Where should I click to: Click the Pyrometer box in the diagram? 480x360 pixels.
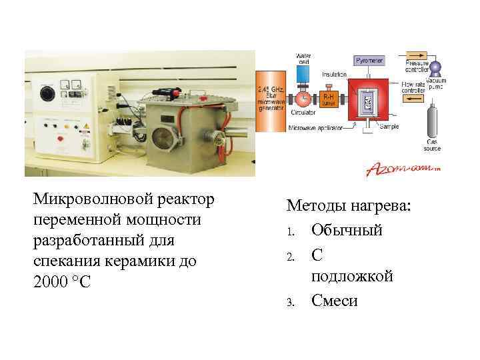click(x=369, y=61)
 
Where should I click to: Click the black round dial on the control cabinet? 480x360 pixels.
click(x=47, y=93)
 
